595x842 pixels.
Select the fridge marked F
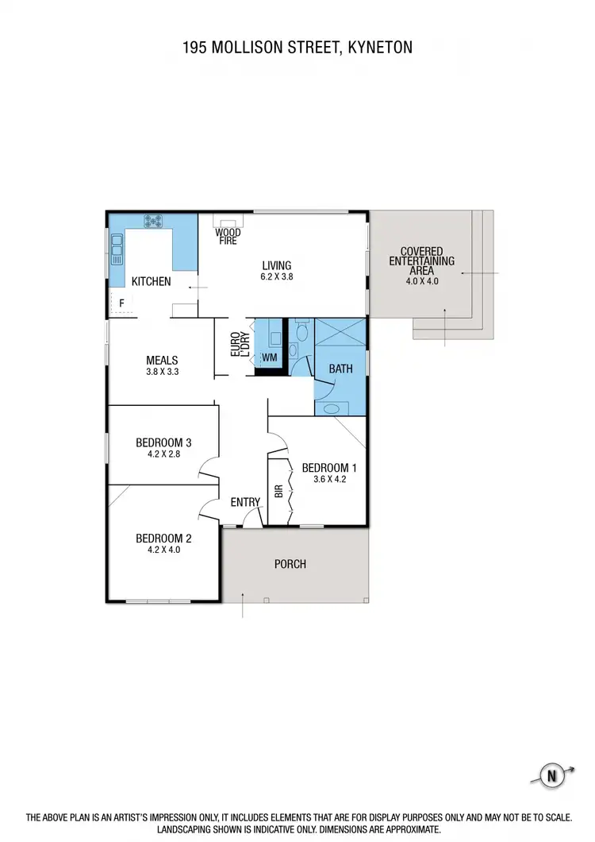(x=121, y=303)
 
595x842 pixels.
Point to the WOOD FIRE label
(x=227, y=235)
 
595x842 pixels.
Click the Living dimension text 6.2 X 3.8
(x=277, y=277)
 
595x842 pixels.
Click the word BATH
(x=340, y=369)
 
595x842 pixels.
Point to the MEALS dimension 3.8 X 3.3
(x=161, y=371)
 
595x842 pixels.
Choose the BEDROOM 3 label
(x=164, y=442)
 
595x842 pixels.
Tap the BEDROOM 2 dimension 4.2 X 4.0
(x=163, y=548)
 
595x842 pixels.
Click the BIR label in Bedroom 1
(x=278, y=490)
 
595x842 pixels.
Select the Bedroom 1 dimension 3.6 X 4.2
(x=329, y=479)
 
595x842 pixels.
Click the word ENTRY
(x=245, y=501)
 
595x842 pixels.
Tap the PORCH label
(x=290, y=564)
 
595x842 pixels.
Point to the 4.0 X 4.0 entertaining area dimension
(x=421, y=280)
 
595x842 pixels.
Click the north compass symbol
(x=547, y=774)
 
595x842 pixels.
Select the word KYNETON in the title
(x=375, y=48)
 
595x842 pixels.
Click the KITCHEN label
(x=151, y=281)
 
